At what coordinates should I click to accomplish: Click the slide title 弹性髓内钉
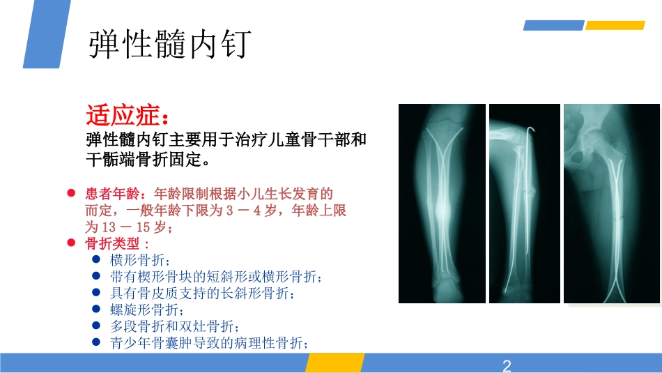click(169, 45)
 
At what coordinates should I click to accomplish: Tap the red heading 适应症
click(126, 114)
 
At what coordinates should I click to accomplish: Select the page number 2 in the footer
click(507, 365)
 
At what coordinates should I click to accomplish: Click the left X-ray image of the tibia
click(442, 204)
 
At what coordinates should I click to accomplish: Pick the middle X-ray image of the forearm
click(524, 204)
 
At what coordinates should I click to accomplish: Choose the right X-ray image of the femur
click(611, 204)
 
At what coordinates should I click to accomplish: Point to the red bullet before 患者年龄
click(71, 193)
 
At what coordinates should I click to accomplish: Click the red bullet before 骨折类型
click(71, 243)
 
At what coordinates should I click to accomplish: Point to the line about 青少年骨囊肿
click(209, 343)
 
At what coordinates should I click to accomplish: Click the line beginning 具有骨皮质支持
click(203, 294)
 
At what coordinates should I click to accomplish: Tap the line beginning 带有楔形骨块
click(216, 277)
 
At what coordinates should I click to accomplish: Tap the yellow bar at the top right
click(615, 26)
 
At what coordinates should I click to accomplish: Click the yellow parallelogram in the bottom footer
click(334, 363)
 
